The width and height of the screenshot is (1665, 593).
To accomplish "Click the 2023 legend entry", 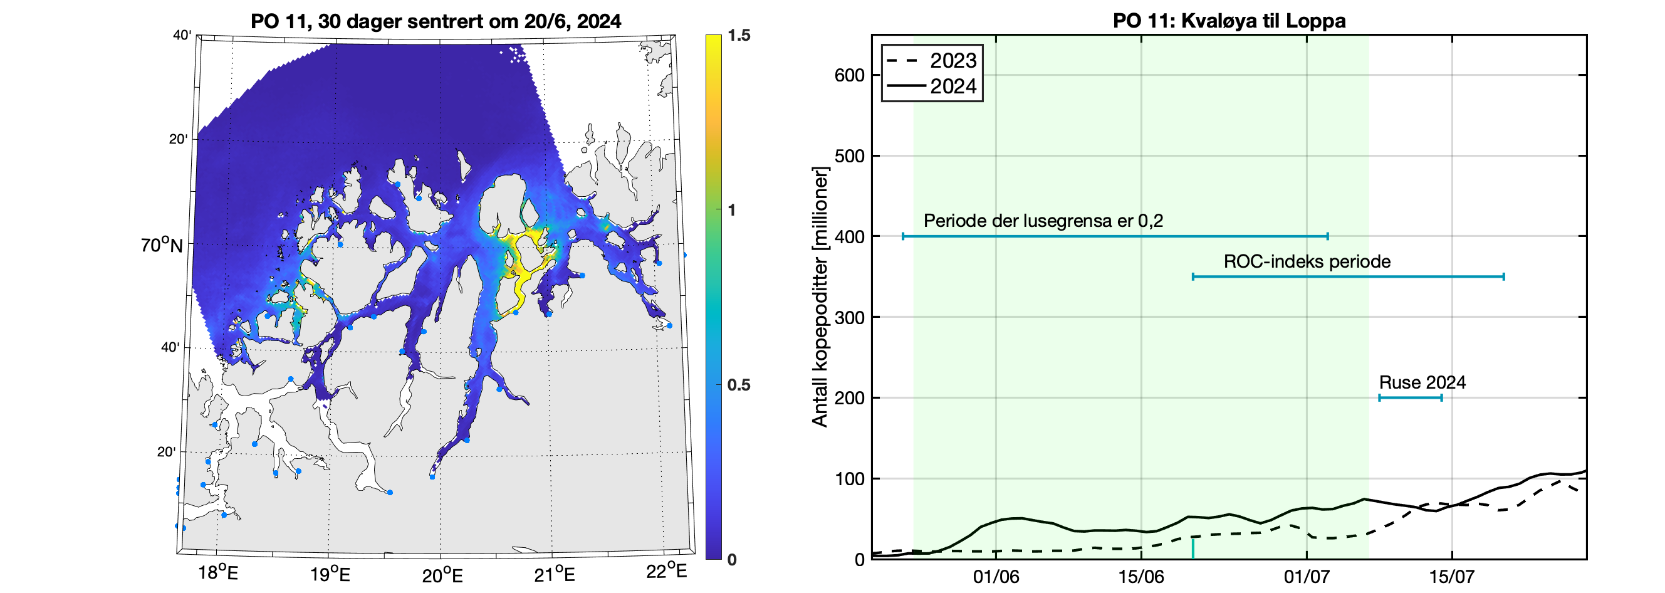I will coord(952,61).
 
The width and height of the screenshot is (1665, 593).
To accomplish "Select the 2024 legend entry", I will coord(952,86).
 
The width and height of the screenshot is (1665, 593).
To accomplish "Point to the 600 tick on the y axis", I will coord(849,75).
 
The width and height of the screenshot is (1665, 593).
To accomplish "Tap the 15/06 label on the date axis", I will coord(1140,576).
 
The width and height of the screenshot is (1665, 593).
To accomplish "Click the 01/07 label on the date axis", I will coord(1307,576).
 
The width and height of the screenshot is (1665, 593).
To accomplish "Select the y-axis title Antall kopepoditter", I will coord(820,298).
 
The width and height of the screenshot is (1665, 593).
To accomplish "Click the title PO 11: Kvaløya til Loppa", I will coord(1229,21).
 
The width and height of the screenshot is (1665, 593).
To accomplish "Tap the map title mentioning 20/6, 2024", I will coord(436,21).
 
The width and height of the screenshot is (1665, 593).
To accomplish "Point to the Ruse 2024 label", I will coord(1422,382).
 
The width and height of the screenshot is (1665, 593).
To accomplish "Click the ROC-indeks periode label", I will coord(1307,261).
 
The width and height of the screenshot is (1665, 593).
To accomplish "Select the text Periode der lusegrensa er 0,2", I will coord(1043,221).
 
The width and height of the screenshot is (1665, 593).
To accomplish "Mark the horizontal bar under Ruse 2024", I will coord(1410,397).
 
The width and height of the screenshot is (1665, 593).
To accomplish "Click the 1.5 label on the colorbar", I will coord(739,36).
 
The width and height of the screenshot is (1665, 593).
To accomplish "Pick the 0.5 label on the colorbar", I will coord(739,385).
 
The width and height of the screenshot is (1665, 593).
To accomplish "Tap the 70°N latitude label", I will coord(162,246).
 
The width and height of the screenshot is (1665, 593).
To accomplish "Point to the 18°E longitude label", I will coord(218,573).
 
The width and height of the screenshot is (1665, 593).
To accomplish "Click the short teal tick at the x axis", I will coord(1193,549).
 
